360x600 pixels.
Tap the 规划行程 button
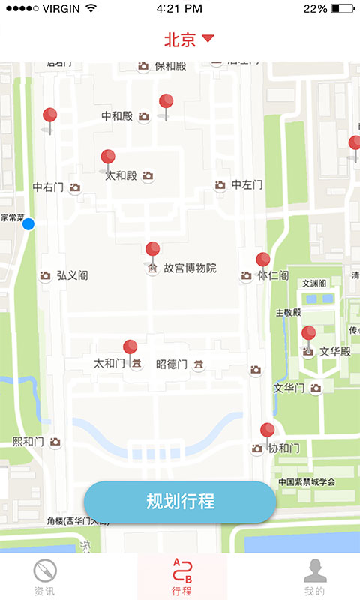(180, 502)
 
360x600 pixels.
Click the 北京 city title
(180, 39)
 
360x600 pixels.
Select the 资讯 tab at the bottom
(44, 578)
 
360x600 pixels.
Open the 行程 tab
(181, 578)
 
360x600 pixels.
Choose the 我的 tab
(315, 578)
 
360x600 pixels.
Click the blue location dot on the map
(28, 223)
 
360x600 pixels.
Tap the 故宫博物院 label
(190, 268)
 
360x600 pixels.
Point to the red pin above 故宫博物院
(153, 250)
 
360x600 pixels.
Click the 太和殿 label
(121, 175)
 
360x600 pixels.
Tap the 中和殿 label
(117, 116)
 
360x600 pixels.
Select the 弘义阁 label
(72, 276)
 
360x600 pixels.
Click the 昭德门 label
(172, 364)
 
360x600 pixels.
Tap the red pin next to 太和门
(130, 348)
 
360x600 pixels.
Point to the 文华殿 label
(335, 351)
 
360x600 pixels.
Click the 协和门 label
(284, 448)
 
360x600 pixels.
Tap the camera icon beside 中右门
(75, 187)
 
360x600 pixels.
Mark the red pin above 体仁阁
(263, 260)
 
